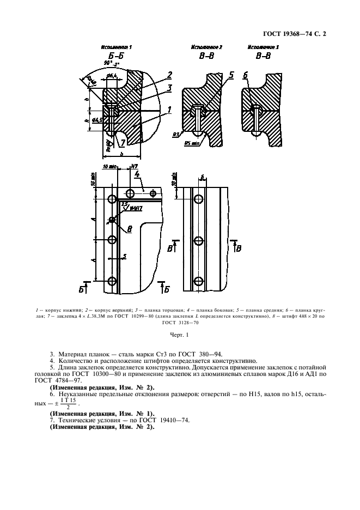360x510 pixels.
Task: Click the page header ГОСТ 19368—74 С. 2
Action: [297, 34]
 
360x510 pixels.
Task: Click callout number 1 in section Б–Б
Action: [169, 110]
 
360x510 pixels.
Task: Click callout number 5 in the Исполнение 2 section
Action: [231, 75]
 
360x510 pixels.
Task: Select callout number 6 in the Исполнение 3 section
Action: [246, 75]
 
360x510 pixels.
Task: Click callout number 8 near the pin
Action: [130, 229]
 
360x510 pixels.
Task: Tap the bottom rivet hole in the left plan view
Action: [112, 281]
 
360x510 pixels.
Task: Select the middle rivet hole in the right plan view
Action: [200, 240]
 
